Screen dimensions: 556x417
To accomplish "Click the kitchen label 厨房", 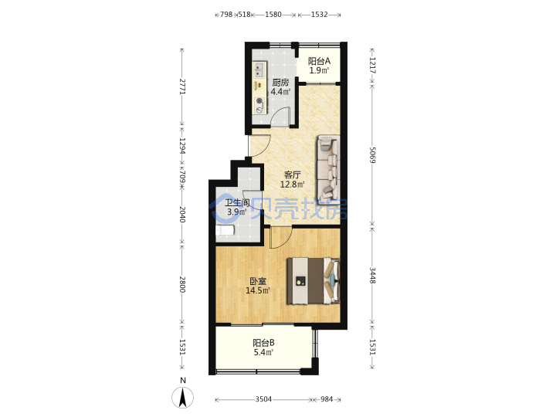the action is click(280, 83).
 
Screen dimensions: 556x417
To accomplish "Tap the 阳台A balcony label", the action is click(319, 61).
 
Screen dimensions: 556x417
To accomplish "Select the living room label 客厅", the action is click(293, 175).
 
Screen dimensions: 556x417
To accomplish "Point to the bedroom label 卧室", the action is click(258, 282).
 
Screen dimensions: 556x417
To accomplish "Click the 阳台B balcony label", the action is click(263, 343).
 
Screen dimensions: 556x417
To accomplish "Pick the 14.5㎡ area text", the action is click(258, 291).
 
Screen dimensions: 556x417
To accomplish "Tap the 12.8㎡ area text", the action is click(293, 185).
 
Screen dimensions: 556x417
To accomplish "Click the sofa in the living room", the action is click(328, 169).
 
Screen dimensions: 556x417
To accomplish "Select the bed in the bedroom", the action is click(314, 281).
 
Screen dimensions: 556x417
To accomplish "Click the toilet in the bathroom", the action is click(225, 230).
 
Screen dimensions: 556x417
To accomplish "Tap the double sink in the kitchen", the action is click(259, 69).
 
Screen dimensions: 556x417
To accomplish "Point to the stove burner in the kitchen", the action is click(260, 101).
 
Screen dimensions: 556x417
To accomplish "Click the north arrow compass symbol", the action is click(182, 398).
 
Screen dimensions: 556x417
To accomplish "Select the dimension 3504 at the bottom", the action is click(263, 400).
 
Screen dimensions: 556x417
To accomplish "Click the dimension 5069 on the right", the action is click(372, 155).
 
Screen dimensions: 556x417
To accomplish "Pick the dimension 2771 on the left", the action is click(182, 86).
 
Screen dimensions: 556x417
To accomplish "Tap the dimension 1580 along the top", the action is click(273, 15).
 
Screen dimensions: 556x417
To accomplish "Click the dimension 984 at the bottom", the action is click(327, 400).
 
